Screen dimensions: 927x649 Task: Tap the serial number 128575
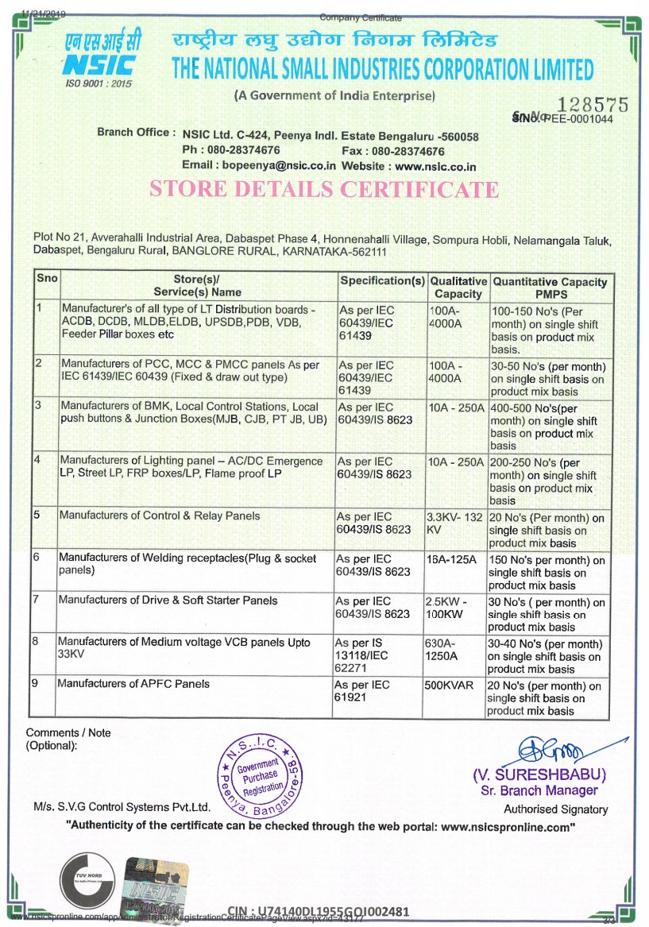(594, 105)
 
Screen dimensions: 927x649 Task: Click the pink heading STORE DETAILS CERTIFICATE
(324, 190)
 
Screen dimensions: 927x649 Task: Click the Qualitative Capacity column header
(458, 288)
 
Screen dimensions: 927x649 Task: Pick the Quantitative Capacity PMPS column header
(550, 288)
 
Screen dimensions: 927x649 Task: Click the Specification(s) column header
(382, 281)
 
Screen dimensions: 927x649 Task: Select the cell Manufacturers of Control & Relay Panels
(160, 516)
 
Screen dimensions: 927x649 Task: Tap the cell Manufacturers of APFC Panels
(133, 683)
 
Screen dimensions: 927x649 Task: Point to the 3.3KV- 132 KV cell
(454, 523)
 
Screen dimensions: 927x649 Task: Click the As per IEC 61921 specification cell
(362, 690)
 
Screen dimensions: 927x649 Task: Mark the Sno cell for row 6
(37, 558)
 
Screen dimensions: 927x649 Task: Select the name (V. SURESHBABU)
(539, 774)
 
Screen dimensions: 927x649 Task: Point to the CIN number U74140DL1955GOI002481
(318, 911)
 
